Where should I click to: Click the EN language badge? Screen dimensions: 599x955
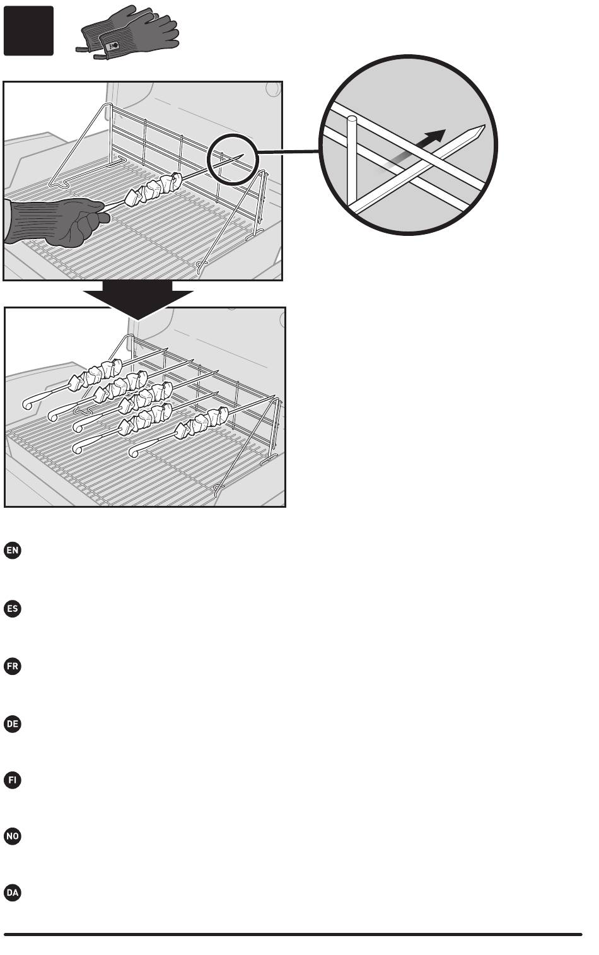13,550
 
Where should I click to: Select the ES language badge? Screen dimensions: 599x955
13,608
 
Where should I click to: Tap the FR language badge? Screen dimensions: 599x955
13,666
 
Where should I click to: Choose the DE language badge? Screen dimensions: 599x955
13,724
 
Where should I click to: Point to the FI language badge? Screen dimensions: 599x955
13,780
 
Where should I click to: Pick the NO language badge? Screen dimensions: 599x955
13,836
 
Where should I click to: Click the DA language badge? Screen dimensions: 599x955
13,893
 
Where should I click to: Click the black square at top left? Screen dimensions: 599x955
28,31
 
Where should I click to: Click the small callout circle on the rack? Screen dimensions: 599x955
233,159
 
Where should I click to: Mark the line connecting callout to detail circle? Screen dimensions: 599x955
288,151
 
